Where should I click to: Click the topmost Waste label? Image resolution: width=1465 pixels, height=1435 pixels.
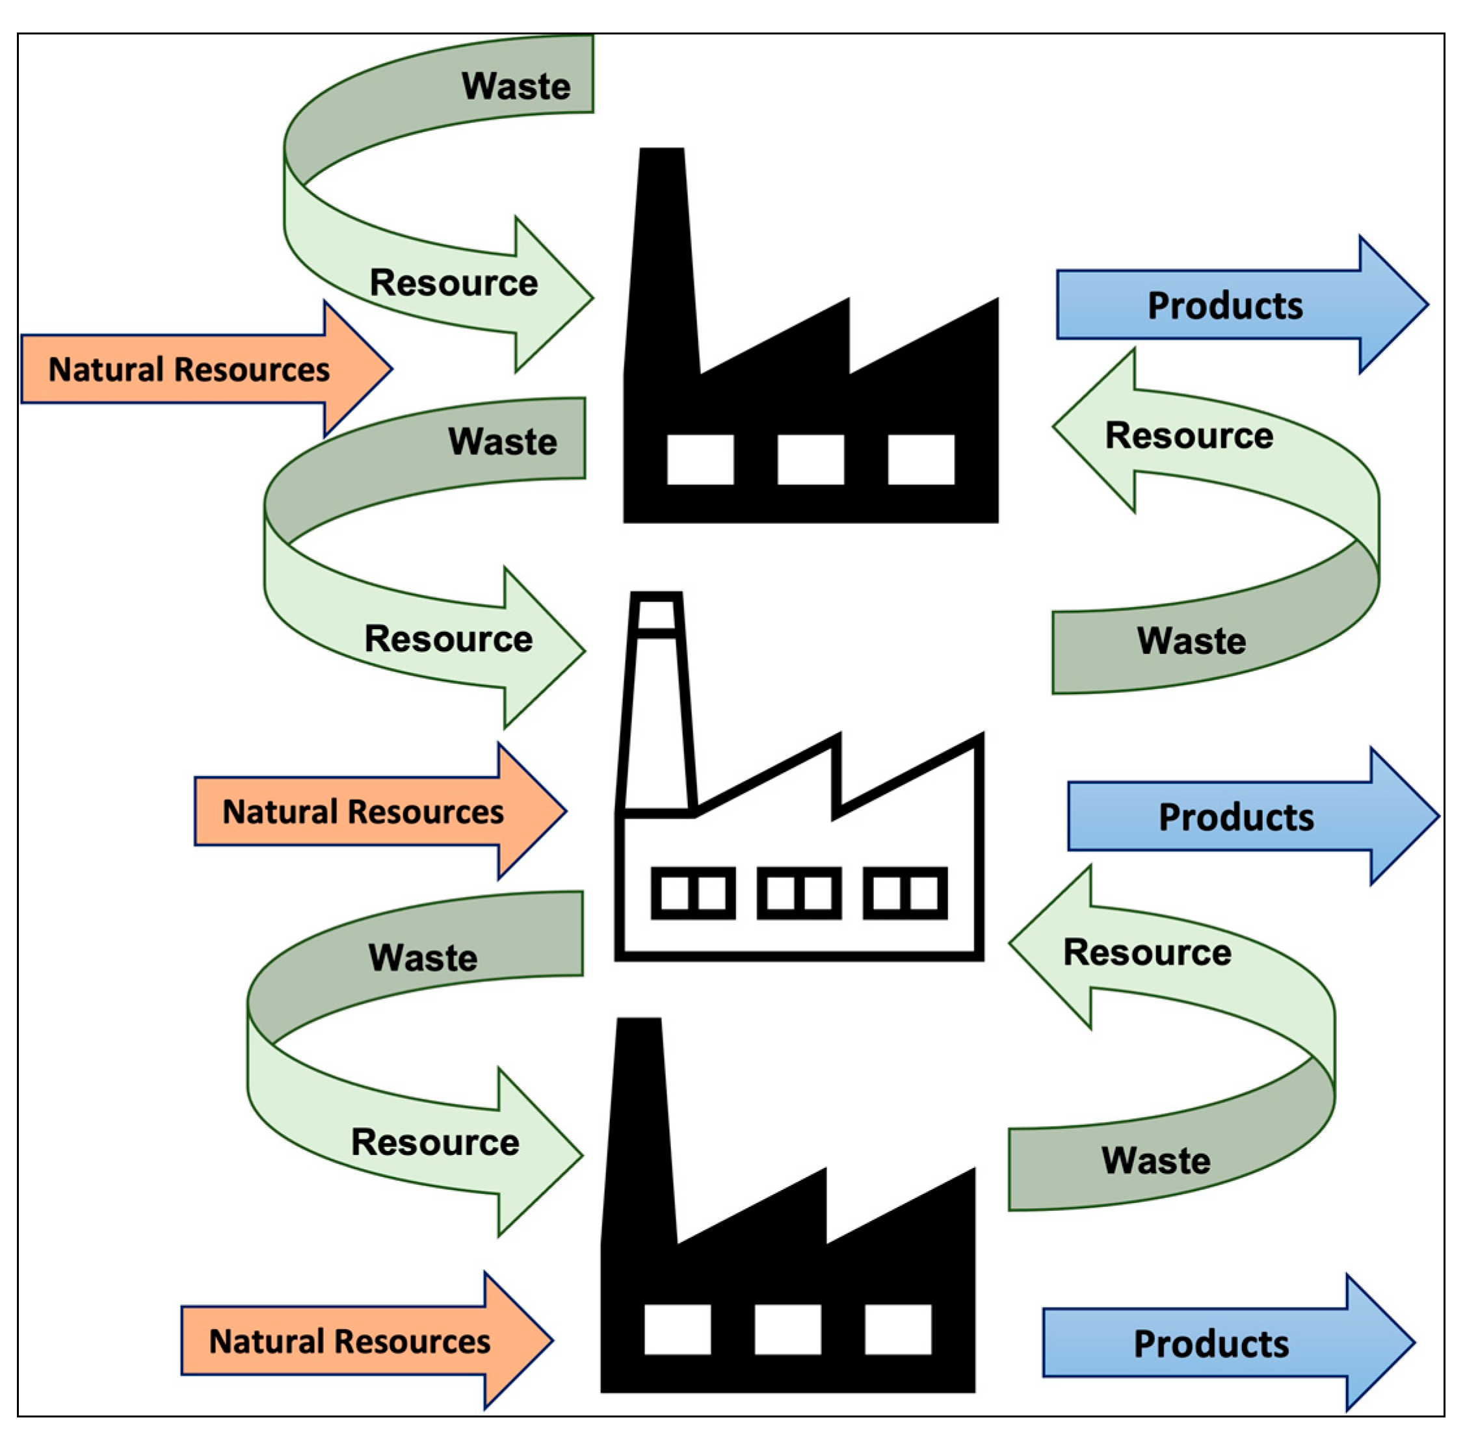coord(516,86)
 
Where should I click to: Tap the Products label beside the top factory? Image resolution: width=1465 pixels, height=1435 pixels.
coord(1224,305)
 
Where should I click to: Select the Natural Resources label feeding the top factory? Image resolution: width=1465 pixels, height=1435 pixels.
coord(189,369)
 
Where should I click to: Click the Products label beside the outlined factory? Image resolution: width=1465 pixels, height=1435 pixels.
coord(1235,817)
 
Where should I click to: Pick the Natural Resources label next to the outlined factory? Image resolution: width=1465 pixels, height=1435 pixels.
coord(363,812)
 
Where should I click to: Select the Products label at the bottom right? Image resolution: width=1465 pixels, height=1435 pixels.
coord(1211,1344)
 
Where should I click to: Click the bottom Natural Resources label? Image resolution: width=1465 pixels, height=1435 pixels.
coord(349,1341)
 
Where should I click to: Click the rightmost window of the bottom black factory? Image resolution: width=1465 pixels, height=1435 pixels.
coord(897,1330)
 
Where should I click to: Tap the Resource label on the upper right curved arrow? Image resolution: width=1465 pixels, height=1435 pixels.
coord(1189,435)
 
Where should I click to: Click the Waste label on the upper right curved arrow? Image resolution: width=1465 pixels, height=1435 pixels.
coord(1191,641)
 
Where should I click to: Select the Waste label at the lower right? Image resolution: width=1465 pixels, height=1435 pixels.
coord(1156,1161)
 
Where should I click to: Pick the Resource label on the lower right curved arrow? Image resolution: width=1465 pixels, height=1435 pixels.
coord(1147,953)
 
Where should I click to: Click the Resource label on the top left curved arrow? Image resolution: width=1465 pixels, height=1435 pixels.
coord(453,283)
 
